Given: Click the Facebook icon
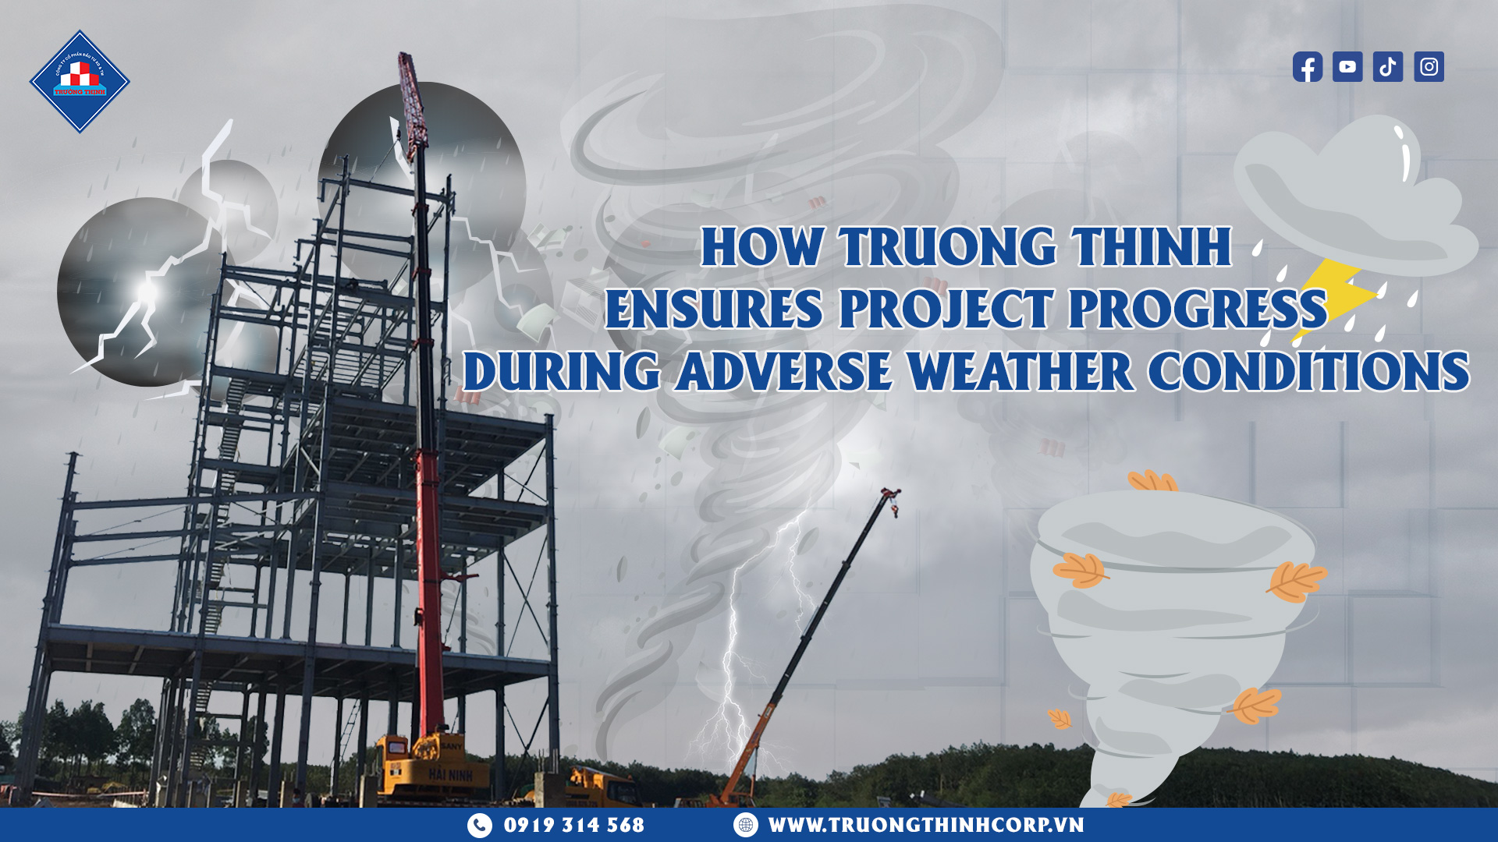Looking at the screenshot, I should tap(1307, 67).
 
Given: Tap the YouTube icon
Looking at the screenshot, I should tap(1347, 67).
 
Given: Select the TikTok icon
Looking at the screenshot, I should tap(1388, 67).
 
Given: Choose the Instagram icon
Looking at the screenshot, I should tap(1429, 67).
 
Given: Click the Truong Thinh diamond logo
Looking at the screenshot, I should tap(80, 82).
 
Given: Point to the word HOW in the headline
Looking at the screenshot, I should tap(762, 248).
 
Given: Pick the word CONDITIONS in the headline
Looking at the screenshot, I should tap(1308, 371).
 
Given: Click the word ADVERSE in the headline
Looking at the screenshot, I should tap(783, 371).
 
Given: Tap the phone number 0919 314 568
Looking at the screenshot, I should tap(574, 825).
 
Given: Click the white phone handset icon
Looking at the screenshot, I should tap(480, 825).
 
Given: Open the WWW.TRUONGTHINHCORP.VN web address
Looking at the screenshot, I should tap(926, 825).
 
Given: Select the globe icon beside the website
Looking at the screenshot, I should tap(746, 825).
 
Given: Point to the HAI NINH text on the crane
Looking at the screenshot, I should tap(450, 776).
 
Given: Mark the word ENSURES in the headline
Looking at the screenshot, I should tap(714, 310).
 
